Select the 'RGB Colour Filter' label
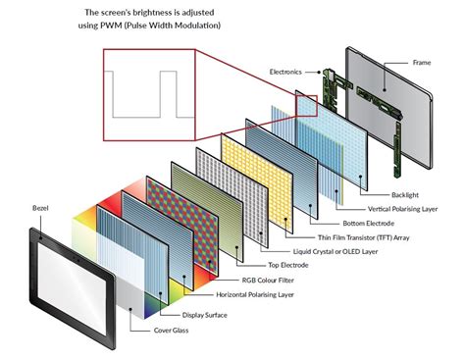[x=258, y=280]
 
